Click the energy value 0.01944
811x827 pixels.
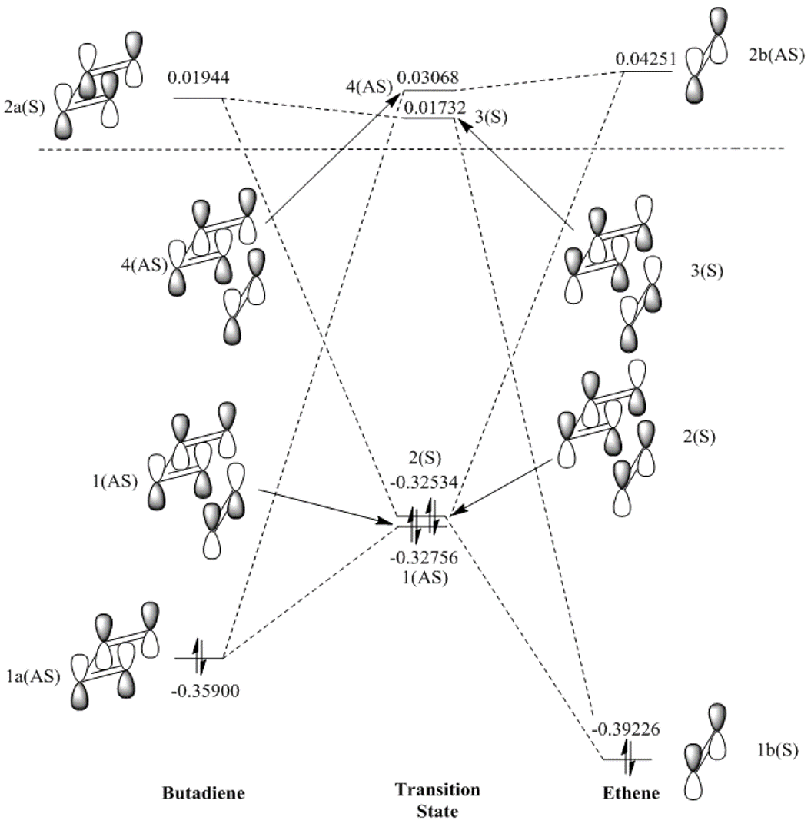tap(198, 77)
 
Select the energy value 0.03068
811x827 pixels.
tap(428, 78)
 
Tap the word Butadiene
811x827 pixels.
tap(204, 793)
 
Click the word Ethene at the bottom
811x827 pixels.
tap(632, 794)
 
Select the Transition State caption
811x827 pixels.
tap(437, 800)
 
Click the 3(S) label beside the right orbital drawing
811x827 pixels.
tap(707, 271)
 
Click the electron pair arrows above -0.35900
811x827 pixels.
tap(199, 657)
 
